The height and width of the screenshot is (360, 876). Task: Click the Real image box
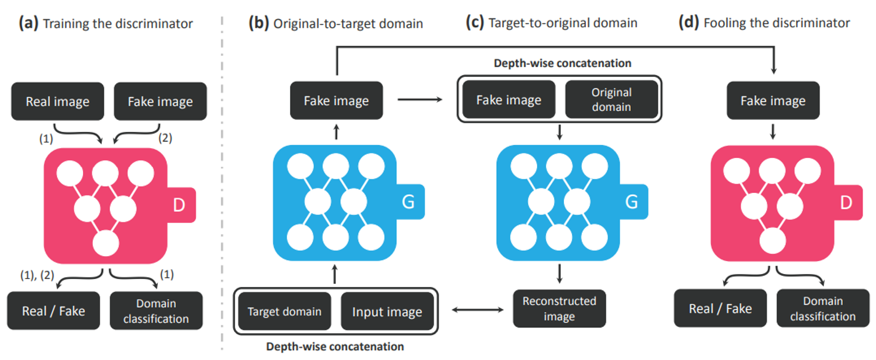pos(57,101)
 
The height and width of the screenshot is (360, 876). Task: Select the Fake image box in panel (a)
pos(160,101)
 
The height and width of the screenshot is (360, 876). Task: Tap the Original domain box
pos(611,99)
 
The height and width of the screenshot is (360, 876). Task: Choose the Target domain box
pos(284,311)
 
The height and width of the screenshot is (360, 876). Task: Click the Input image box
pos(387,311)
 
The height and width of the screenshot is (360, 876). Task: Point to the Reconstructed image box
pos(559,309)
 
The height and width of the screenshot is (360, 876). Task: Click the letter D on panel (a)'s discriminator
pos(179,206)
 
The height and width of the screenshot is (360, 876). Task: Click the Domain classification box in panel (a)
pos(156,311)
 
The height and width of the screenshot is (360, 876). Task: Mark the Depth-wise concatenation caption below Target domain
pos(335,346)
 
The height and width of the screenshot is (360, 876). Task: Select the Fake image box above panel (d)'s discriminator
pos(773,101)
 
